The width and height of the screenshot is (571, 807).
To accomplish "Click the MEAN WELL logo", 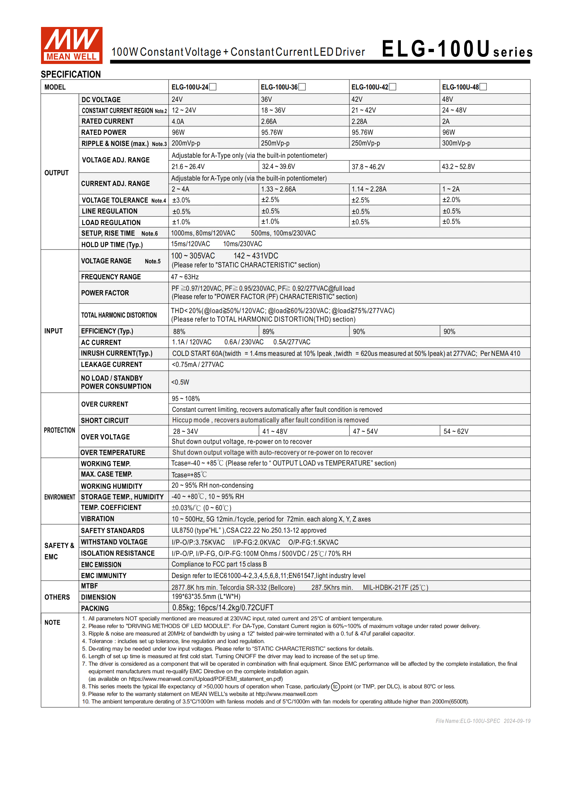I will (x=72, y=45).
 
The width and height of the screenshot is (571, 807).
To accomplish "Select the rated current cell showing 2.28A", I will (x=359, y=121).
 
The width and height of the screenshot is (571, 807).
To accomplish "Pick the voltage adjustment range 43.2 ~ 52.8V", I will (x=458, y=167).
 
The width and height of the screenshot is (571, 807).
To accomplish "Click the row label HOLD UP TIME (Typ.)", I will (x=112, y=245).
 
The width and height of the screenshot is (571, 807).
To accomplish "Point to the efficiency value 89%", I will (x=268, y=331).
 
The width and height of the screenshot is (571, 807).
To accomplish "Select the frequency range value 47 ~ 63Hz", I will (x=185, y=277).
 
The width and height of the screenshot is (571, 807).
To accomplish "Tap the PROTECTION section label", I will (x=59, y=430).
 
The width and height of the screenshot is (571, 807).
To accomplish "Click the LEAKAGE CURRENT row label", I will (x=112, y=364).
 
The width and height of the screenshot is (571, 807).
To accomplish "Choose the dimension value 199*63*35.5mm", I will (x=206, y=597).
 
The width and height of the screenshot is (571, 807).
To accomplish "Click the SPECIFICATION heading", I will (x=71, y=74).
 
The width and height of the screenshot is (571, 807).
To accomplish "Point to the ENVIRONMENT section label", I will (x=60, y=497).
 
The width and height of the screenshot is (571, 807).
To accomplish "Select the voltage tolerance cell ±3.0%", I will (x=181, y=200).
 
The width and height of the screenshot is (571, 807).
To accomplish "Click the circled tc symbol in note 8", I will (x=335, y=687).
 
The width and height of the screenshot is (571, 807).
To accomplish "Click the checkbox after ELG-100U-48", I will (x=483, y=87).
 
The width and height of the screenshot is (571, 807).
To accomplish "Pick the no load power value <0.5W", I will (x=180, y=382).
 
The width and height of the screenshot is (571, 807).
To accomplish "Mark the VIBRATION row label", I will (x=98, y=519).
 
